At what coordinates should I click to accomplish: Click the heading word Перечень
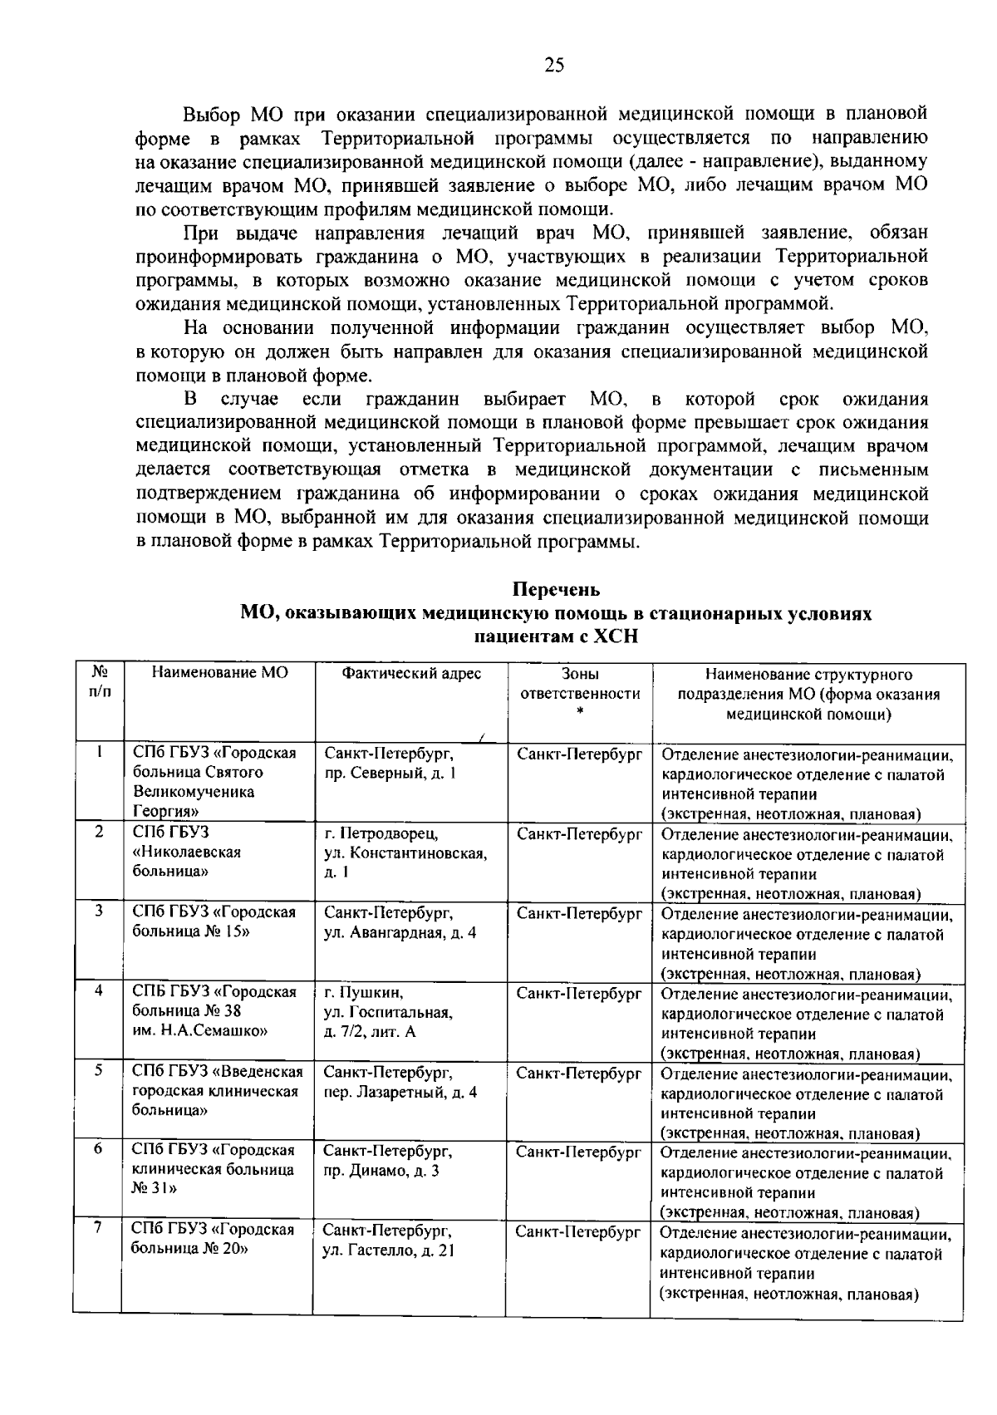tap(556, 590)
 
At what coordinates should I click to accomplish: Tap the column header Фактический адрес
tap(411, 673)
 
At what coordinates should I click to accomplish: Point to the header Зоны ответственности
tap(579, 684)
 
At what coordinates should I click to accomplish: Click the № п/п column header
tap(98, 681)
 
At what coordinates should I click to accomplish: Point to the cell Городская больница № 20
tap(214, 1239)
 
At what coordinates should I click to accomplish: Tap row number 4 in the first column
tap(98, 991)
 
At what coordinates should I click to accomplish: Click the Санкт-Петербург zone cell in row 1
tap(579, 754)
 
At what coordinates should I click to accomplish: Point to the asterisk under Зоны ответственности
tap(580, 711)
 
